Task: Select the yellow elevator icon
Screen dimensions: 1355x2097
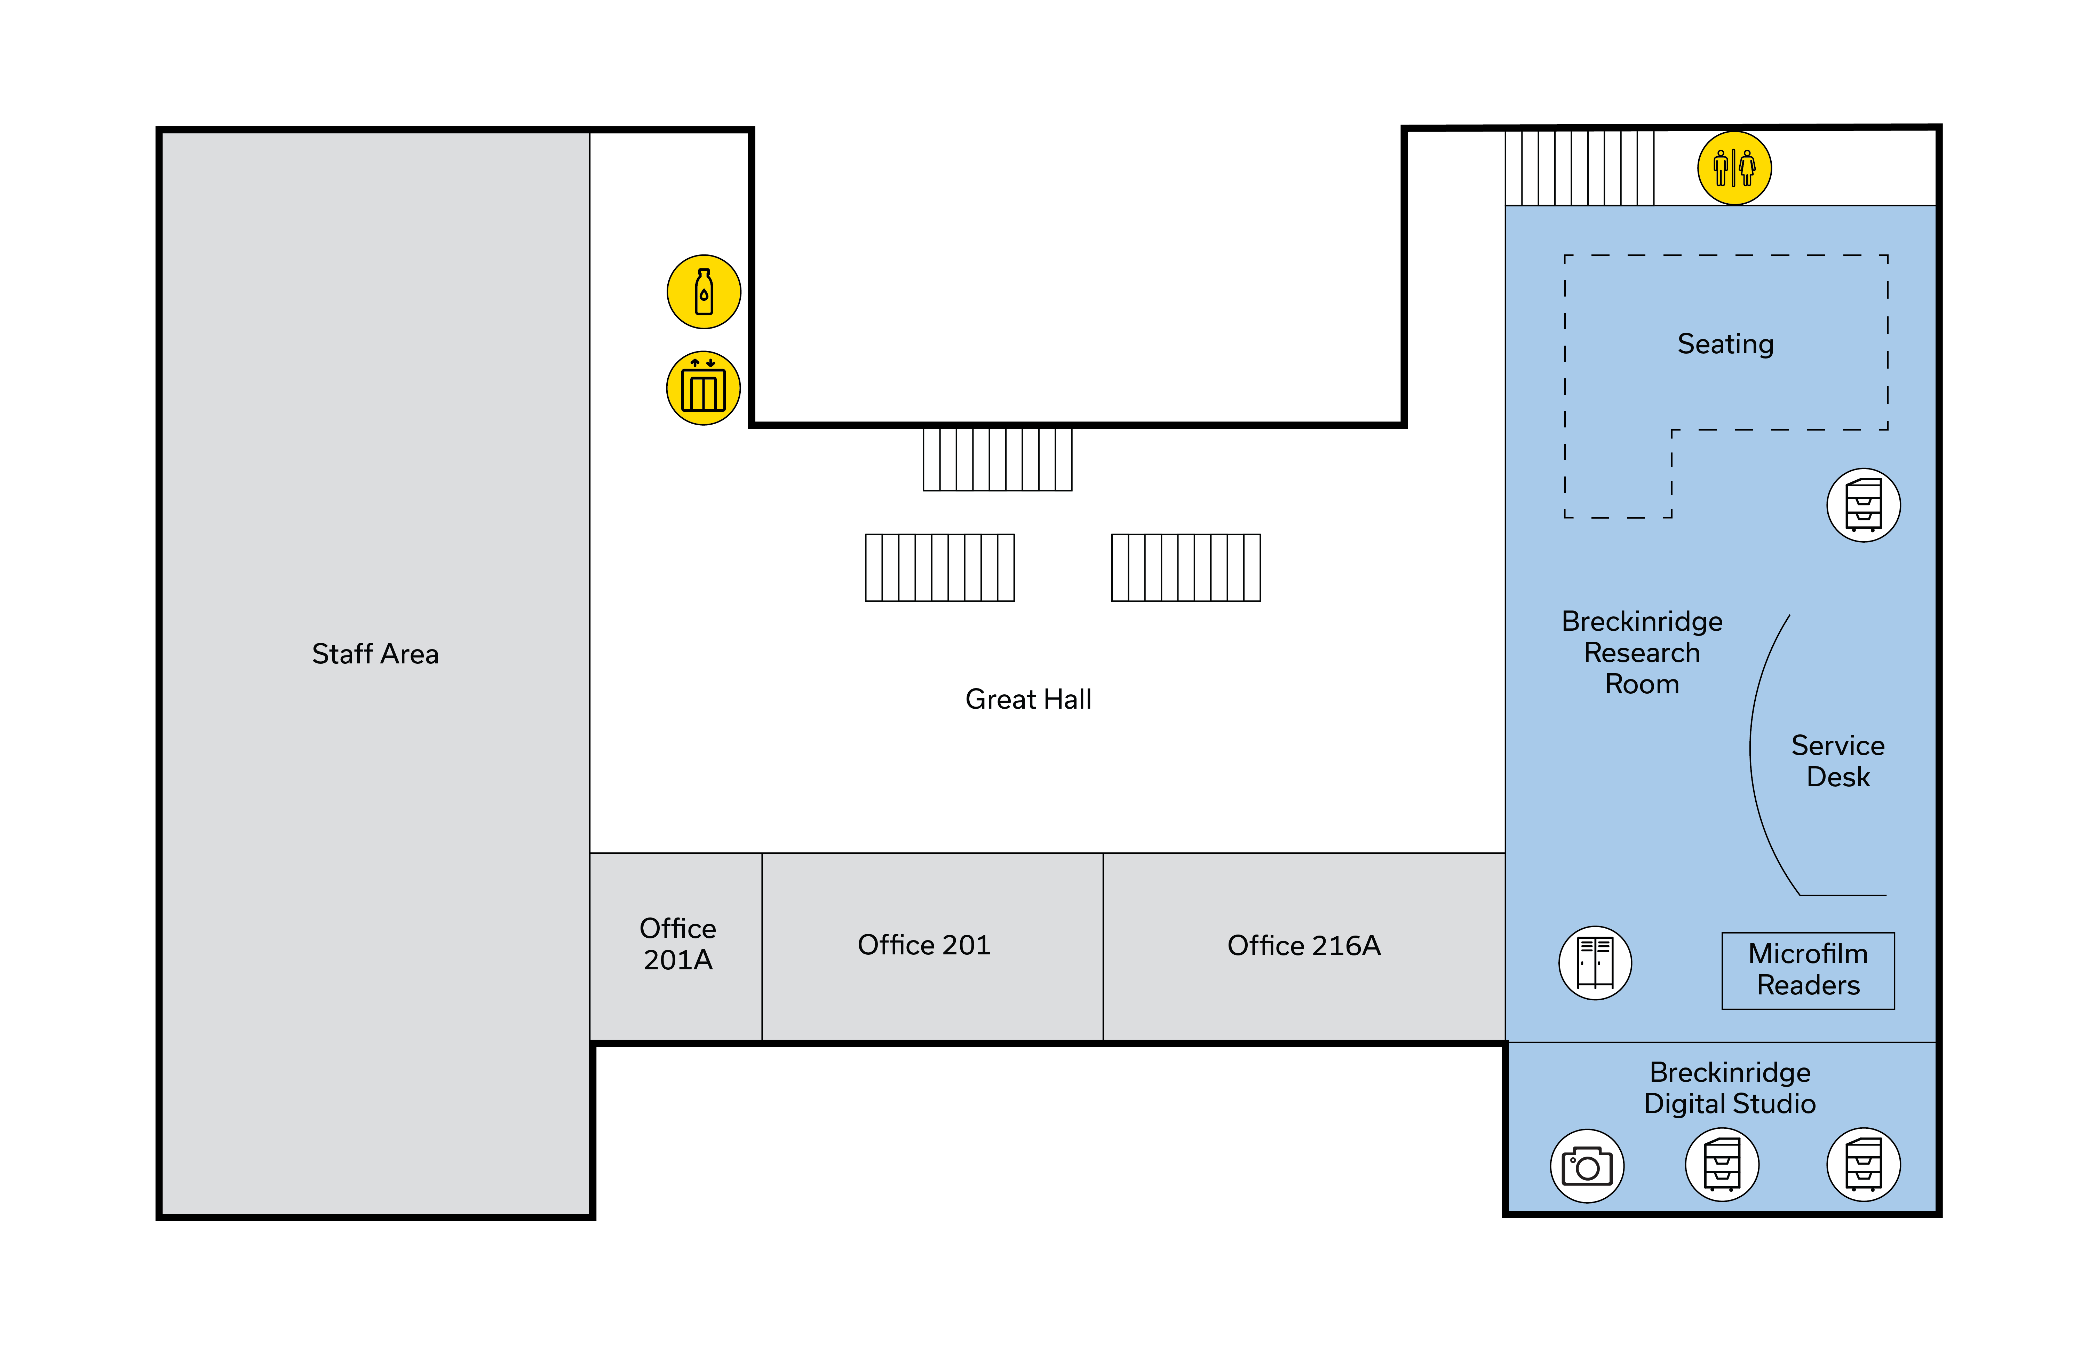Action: (x=703, y=388)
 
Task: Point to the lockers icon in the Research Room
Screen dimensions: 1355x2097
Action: (x=1595, y=963)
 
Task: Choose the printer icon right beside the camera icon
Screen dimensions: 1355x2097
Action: (x=1721, y=1165)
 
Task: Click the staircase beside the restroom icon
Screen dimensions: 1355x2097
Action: (x=1579, y=168)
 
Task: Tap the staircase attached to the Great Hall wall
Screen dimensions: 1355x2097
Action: (x=996, y=458)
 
